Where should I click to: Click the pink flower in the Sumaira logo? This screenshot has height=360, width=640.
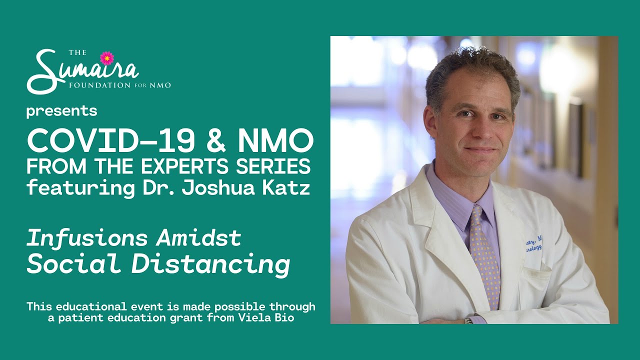(x=107, y=58)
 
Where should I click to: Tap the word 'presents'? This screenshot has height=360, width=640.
(x=61, y=111)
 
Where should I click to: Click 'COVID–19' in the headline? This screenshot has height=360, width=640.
(x=111, y=141)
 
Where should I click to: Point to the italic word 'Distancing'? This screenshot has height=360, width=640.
(x=210, y=264)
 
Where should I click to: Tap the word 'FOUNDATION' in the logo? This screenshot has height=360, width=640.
(x=99, y=85)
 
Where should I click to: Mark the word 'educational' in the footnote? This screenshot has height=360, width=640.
(x=91, y=306)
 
